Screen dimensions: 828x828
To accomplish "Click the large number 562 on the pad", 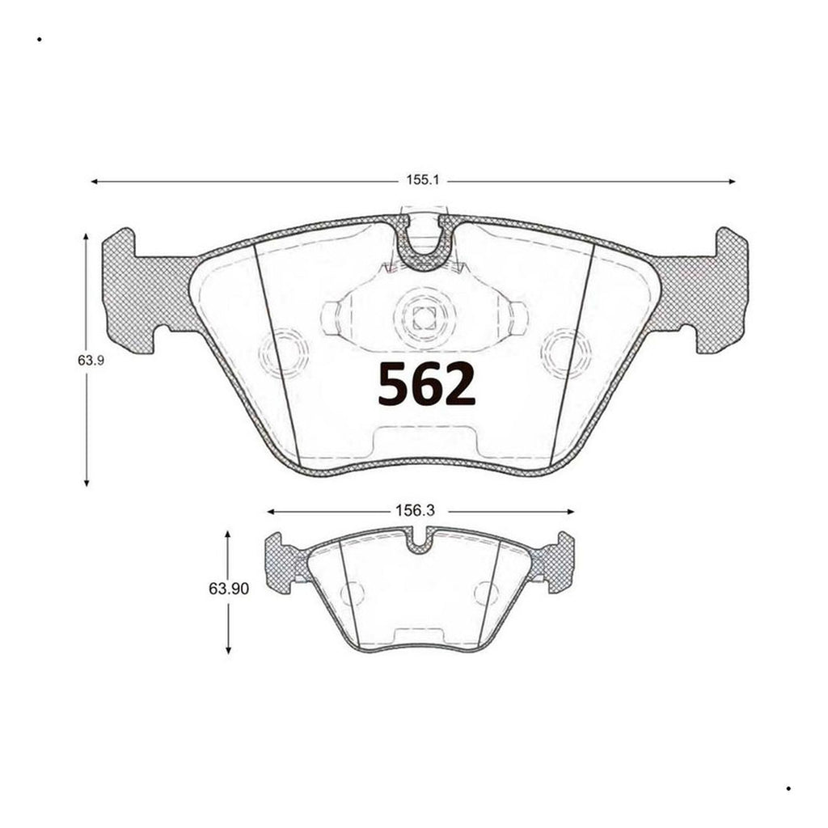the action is [x=427, y=384].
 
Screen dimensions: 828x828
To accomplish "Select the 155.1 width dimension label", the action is [x=422, y=180].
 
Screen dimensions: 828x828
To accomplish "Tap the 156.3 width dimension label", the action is [x=415, y=511].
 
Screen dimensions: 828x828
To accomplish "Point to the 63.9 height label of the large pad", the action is [x=91, y=361].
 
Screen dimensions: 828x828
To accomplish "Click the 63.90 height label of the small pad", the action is [x=229, y=589].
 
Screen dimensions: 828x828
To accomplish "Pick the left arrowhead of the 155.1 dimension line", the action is [x=95, y=182].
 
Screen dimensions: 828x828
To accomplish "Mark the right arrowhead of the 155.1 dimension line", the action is [x=732, y=182].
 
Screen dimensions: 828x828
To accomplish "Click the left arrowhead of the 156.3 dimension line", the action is [x=271, y=512].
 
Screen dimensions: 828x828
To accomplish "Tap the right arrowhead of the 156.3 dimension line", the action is [x=570, y=512].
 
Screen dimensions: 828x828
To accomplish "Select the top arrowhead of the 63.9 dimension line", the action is [x=86, y=237].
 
